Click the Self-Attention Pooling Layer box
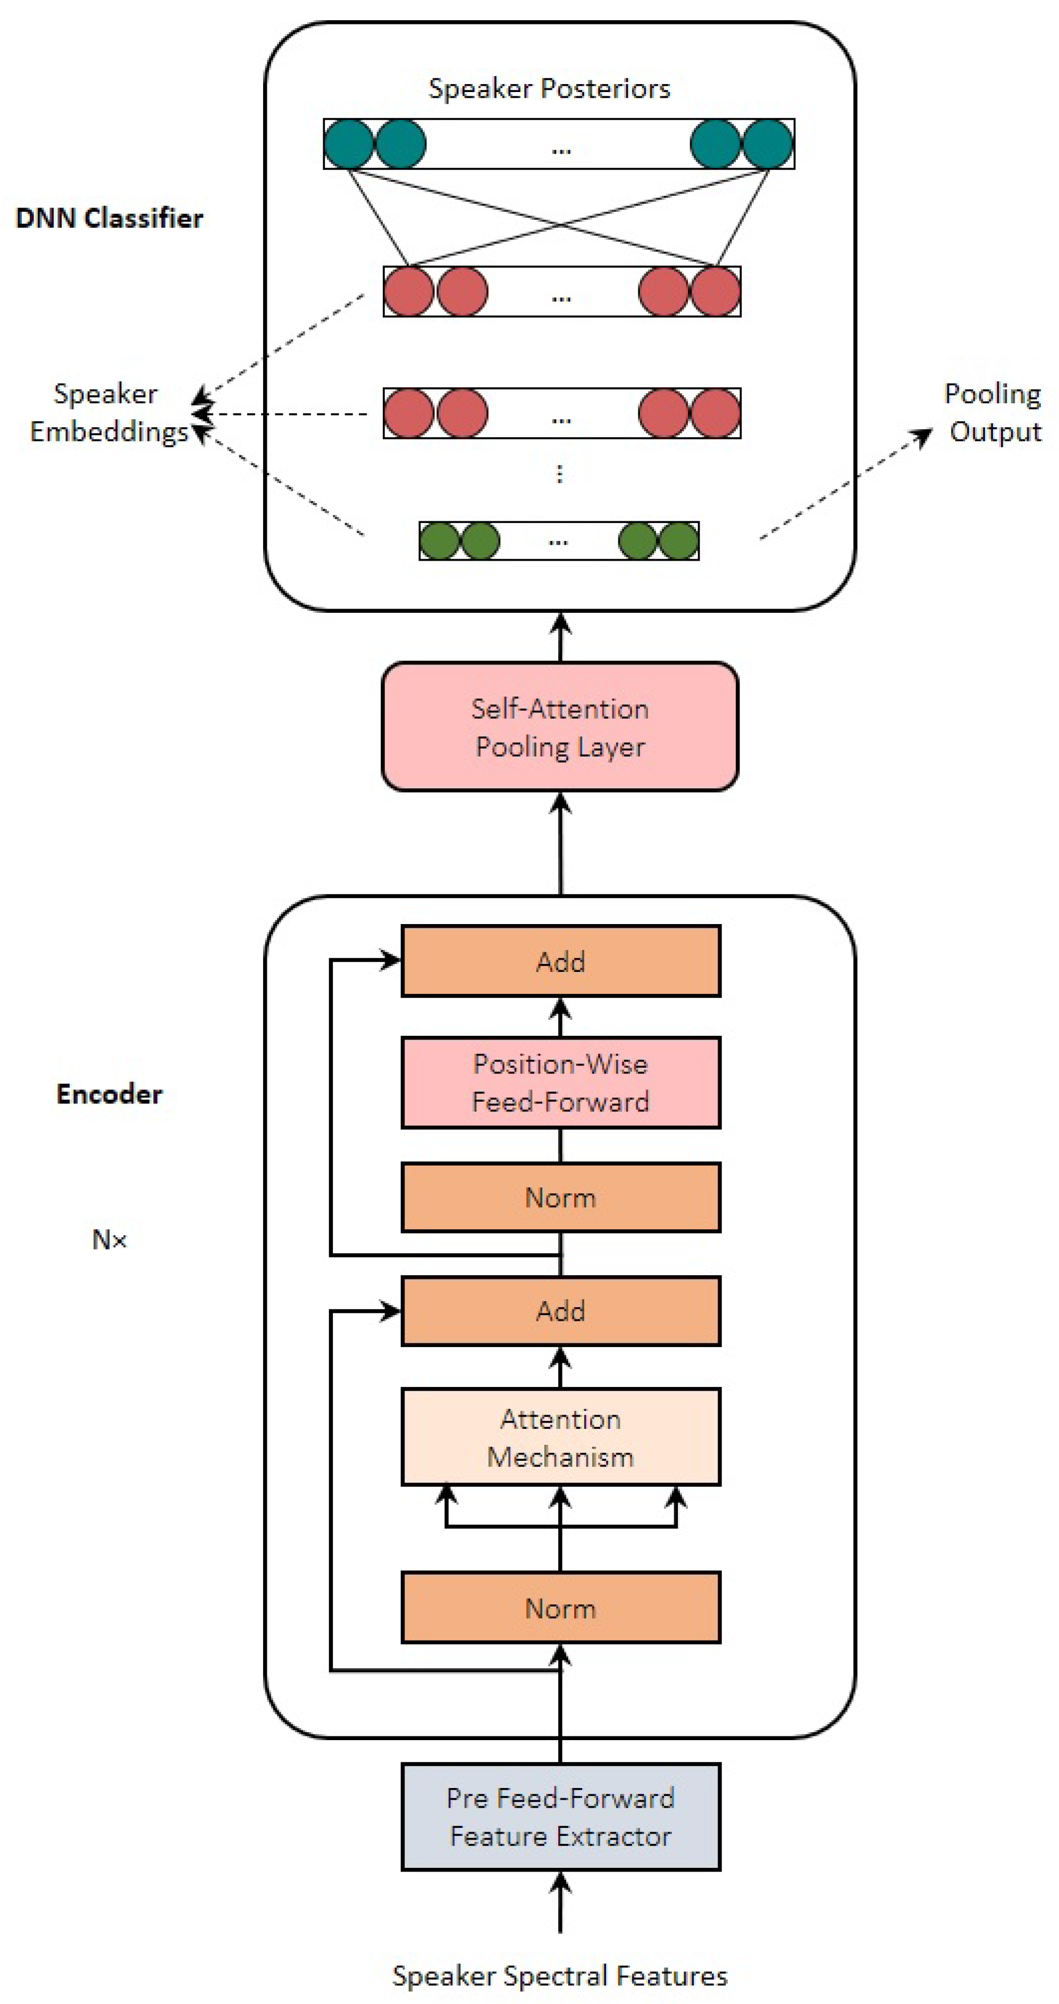pos(559,727)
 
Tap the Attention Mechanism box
pos(560,1437)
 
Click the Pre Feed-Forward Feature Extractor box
pos(560,1817)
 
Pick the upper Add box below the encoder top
pos(560,961)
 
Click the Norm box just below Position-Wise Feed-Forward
pos(560,1198)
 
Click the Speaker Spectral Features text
pos(560,1975)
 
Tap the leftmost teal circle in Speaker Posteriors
pos(349,144)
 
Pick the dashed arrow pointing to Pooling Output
pos(847,483)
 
